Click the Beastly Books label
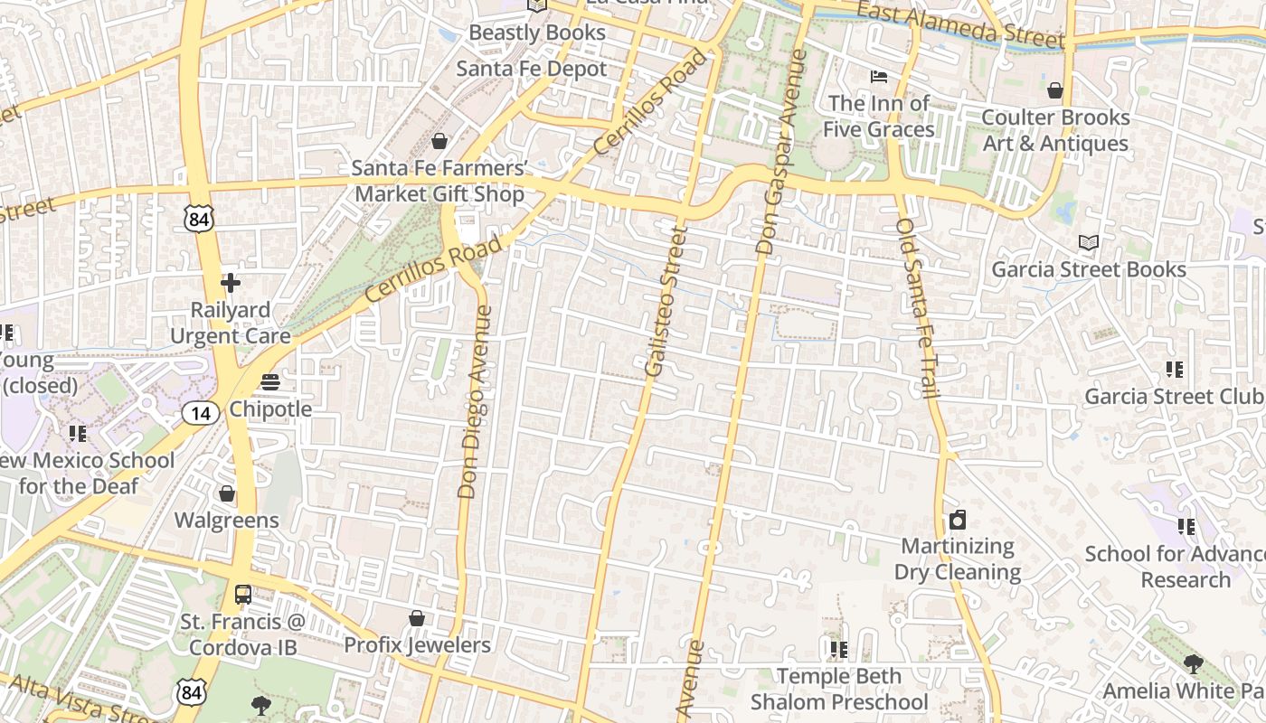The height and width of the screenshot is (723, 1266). [x=537, y=33]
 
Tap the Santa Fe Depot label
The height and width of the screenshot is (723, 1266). [x=532, y=69]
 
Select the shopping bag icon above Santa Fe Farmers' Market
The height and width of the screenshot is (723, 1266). [x=439, y=141]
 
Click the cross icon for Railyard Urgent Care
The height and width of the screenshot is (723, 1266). [x=231, y=283]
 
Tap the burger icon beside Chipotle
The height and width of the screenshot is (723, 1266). [x=269, y=382]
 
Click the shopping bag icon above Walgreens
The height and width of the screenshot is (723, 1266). [x=227, y=493]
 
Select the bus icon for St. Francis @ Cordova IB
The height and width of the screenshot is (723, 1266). [x=242, y=595]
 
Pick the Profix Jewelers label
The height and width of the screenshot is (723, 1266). [x=417, y=644]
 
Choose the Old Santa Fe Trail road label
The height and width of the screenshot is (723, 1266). [x=919, y=308]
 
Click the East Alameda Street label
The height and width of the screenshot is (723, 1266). [x=960, y=24]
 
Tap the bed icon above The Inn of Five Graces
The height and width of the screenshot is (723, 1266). [x=878, y=77]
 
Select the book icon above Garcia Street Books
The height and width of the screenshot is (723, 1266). [x=1089, y=242]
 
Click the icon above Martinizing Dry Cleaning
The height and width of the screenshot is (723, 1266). [x=957, y=520]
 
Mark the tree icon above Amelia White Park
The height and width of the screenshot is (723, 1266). [x=1193, y=664]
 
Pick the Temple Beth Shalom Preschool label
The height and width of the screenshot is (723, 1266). [x=839, y=689]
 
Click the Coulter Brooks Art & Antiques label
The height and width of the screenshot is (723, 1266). [x=1055, y=130]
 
